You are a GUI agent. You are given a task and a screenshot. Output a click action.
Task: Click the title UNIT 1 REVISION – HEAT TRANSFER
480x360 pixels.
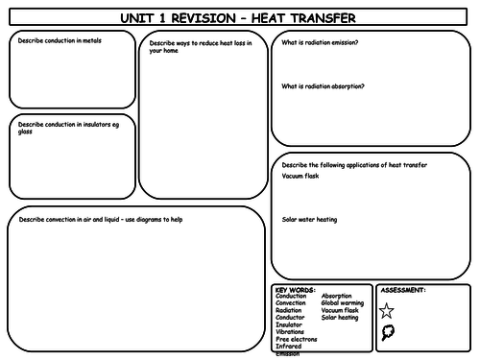pos(239,17)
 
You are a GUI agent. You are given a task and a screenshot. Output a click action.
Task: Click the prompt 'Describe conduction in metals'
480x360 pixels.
pos(60,41)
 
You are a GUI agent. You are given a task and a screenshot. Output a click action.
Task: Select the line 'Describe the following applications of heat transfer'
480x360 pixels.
pos(354,165)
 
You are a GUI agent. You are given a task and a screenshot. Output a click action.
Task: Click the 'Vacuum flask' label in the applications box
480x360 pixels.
pos(300,176)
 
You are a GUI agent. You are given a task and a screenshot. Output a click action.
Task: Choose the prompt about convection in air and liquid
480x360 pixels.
pos(101,219)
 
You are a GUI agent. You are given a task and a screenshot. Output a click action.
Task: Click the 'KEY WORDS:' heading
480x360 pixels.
pos(294,289)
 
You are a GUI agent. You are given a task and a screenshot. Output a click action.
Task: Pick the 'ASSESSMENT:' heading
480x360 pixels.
pos(403,289)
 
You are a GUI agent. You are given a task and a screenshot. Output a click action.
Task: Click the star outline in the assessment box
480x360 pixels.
pos(387,310)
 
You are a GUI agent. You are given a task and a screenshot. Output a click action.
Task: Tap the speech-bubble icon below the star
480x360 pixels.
pos(387,333)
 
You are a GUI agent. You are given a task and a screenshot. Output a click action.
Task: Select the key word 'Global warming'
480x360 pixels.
pos(343,303)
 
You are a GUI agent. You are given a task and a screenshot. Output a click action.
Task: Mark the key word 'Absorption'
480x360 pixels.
pos(337,296)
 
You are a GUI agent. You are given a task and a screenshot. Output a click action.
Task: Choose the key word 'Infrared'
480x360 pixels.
pos(289,347)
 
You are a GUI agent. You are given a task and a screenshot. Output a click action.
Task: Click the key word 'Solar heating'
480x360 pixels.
pos(341,318)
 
